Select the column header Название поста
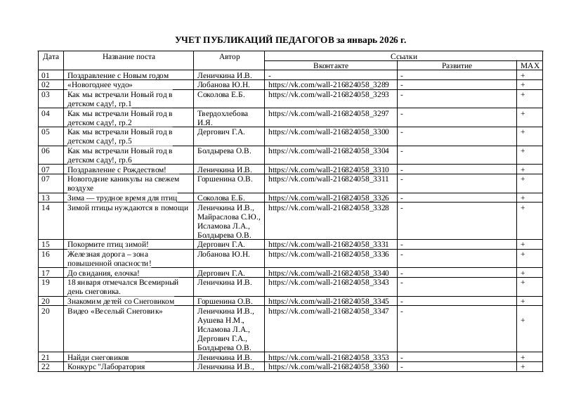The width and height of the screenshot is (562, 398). pos(129,56)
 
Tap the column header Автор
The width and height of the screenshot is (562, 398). pos(229,56)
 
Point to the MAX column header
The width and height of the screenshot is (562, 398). pos(529,66)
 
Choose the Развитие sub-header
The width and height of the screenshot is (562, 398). pos(457,66)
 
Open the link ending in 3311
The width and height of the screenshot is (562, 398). pos(329,179)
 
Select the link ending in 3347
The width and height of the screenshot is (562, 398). pos(329,310)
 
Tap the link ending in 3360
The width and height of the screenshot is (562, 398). pos(329,367)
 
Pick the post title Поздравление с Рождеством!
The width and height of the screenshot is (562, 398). pos(117,169)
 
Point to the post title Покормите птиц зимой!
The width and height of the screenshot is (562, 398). pos(108,244)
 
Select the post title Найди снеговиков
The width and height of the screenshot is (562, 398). pos(98,358)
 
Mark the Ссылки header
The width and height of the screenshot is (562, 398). pos(403,56)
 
